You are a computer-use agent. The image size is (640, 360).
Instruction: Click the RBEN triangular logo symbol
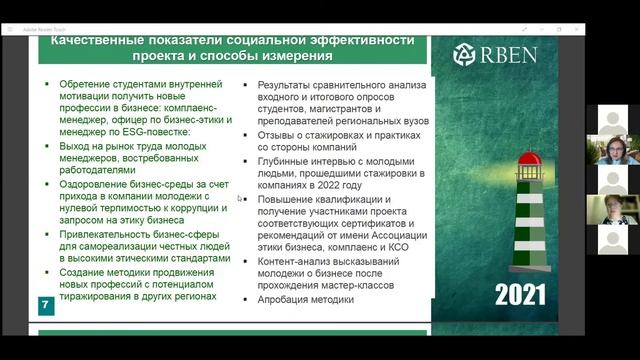[466, 55]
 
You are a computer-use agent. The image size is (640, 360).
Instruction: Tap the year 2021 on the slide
[519, 295]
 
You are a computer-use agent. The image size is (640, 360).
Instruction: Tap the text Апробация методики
[305, 300]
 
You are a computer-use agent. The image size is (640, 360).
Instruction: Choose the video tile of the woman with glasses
[612, 151]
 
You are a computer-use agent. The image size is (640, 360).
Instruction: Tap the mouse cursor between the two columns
[239, 198]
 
